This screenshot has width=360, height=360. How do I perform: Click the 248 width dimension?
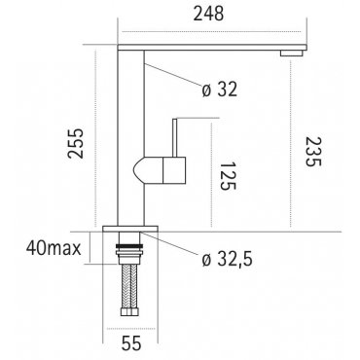208,14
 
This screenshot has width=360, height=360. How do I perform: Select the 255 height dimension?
76,143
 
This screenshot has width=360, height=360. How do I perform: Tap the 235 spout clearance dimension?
313,152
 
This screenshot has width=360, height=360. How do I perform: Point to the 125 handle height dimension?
228,176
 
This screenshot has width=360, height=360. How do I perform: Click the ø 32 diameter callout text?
220,90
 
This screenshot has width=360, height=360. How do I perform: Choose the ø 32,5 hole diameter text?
227,260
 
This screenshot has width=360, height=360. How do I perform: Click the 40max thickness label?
54,249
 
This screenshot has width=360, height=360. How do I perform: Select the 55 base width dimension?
131,343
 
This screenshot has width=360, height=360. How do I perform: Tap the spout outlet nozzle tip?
293,54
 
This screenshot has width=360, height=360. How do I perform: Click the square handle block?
174,170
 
